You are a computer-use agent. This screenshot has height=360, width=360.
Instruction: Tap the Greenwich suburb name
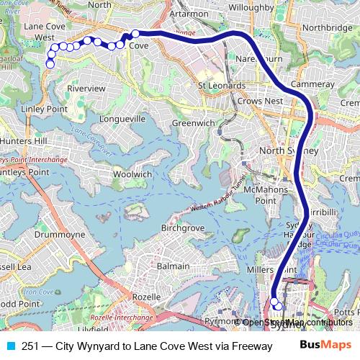click(x=193, y=123)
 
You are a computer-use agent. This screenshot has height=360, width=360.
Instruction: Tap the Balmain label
click(x=173, y=266)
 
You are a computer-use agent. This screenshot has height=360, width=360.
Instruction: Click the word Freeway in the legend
click(x=249, y=346)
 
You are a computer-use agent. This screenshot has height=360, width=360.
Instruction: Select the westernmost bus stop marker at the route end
click(x=50, y=64)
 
